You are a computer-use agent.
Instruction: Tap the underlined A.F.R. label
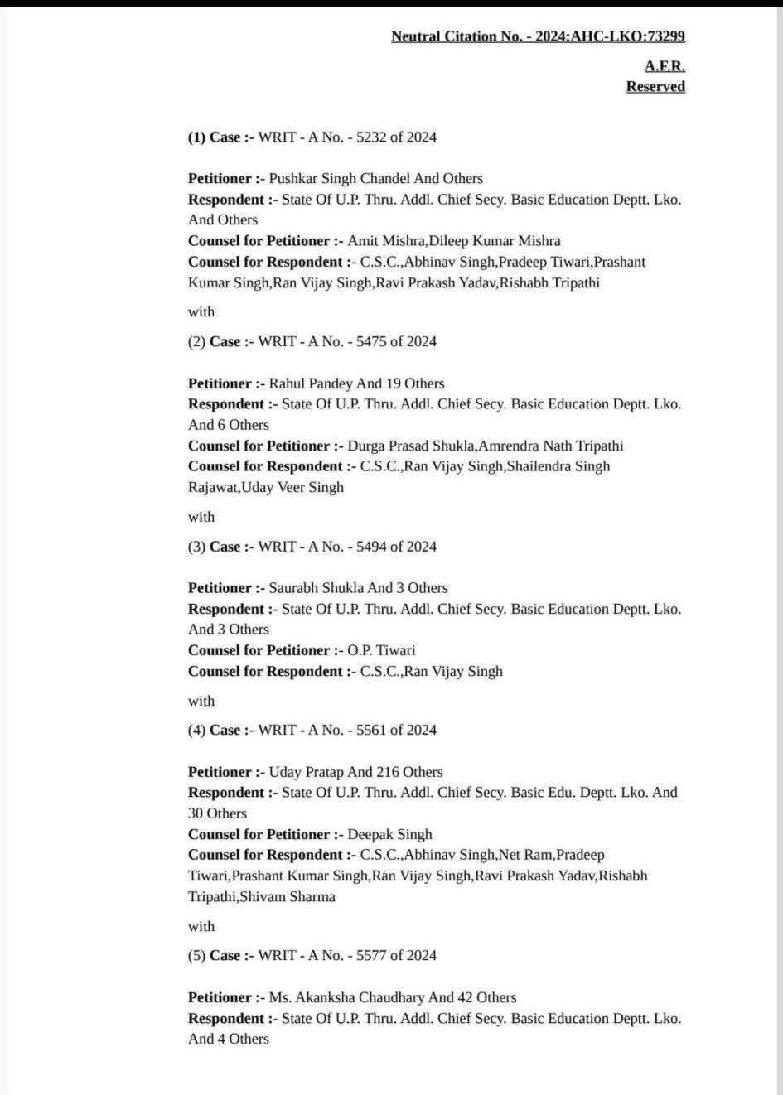(665, 66)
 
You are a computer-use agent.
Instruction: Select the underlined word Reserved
(655, 86)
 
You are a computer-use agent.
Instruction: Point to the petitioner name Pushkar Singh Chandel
(335, 178)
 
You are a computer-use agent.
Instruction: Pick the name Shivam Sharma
(288, 896)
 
